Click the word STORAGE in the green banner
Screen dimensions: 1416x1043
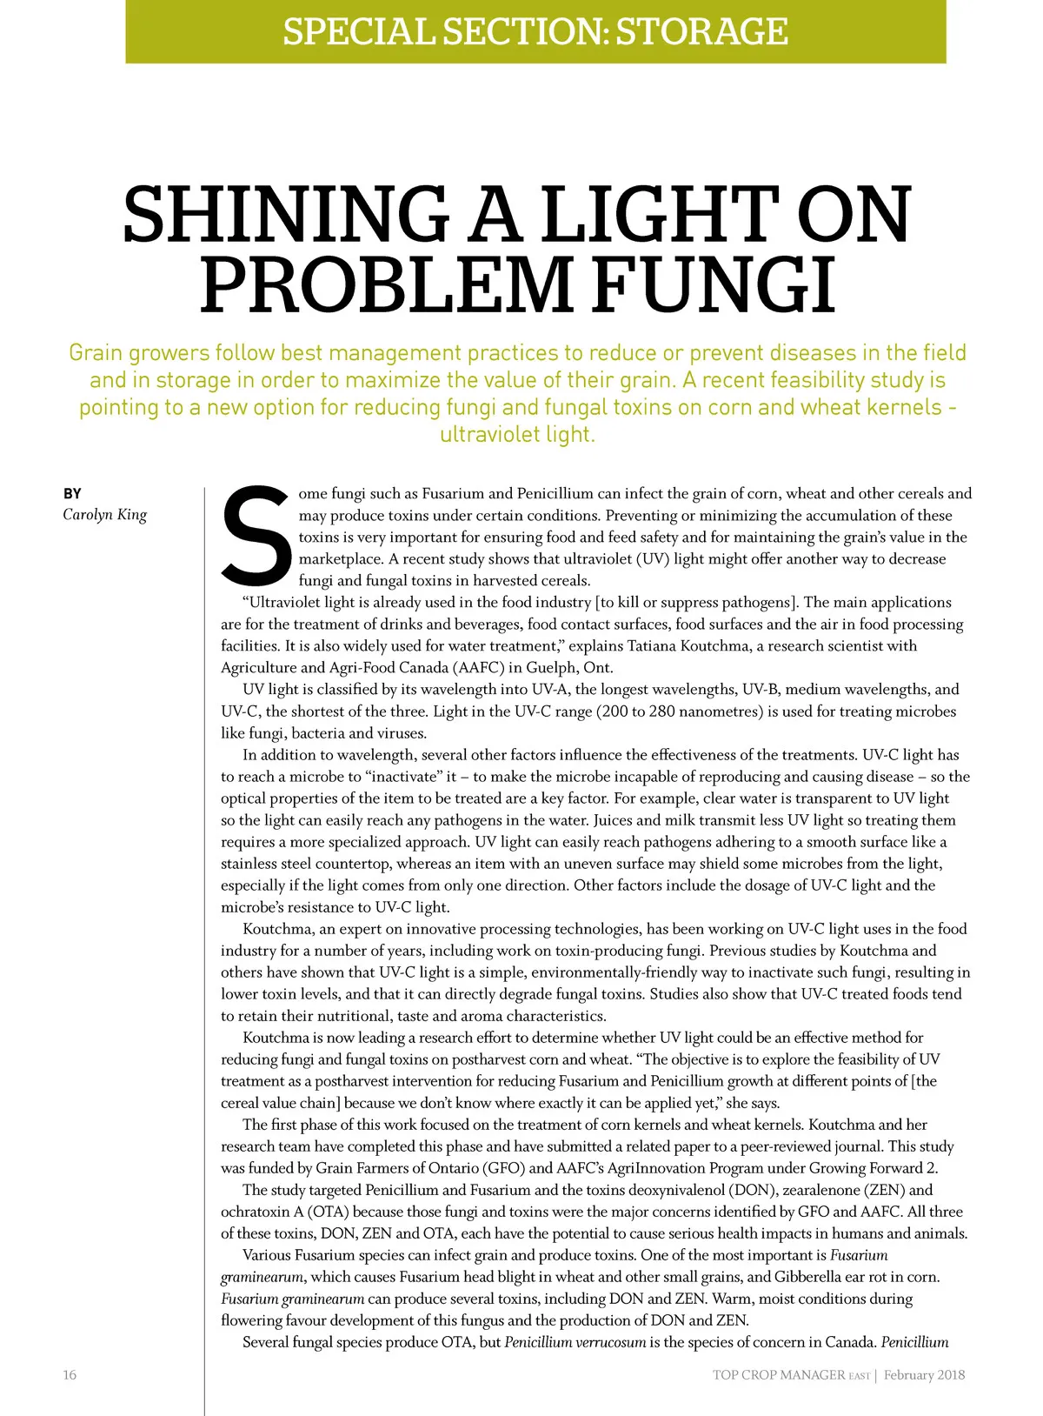(x=701, y=31)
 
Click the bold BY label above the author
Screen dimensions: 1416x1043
(x=72, y=493)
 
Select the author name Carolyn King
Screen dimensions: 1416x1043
(x=104, y=514)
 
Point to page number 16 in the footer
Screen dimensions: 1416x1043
(x=70, y=1374)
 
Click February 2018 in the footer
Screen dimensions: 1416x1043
(x=924, y=1375)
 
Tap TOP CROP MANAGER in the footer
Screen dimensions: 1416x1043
(x=779, y=1375)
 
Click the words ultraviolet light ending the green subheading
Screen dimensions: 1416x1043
(x=517, y=434)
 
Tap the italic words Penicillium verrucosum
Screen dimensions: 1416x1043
(x=575, y=1341)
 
